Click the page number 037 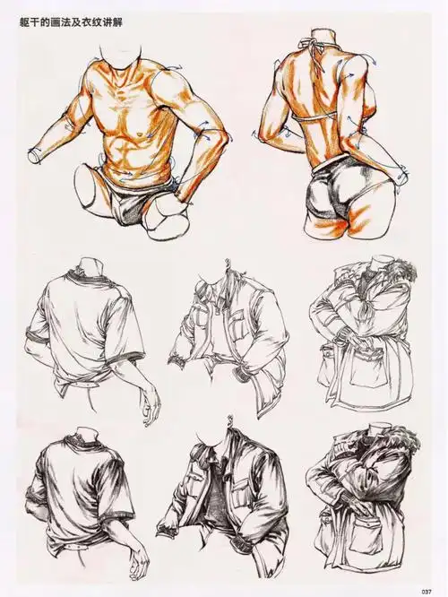click(x=426, y=592)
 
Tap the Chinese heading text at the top click(x=71, y=22)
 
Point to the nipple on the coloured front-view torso click(x=141, y=134)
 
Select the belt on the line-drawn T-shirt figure click(x=81, y=385)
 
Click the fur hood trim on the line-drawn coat click(x=402, y=270)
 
